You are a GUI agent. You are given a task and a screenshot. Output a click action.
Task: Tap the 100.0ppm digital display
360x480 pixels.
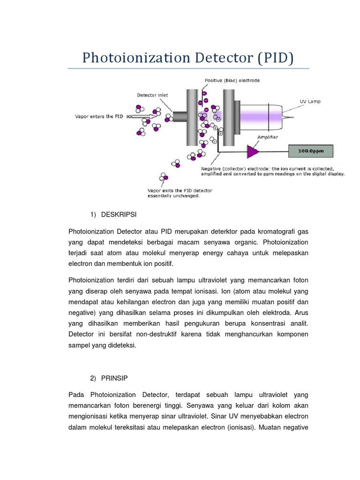(311, 151)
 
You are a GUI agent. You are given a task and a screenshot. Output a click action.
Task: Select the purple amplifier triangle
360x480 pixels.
(254, 151)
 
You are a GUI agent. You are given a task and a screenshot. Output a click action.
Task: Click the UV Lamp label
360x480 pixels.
(310, 101)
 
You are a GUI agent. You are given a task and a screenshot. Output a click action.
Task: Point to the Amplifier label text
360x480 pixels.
(267, 137)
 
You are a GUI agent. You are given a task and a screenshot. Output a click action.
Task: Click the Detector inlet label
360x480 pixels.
(152, 95)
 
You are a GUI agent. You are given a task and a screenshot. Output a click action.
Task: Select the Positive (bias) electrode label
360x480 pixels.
(232, 80)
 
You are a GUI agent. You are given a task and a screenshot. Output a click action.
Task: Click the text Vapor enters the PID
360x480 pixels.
(98, 116)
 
